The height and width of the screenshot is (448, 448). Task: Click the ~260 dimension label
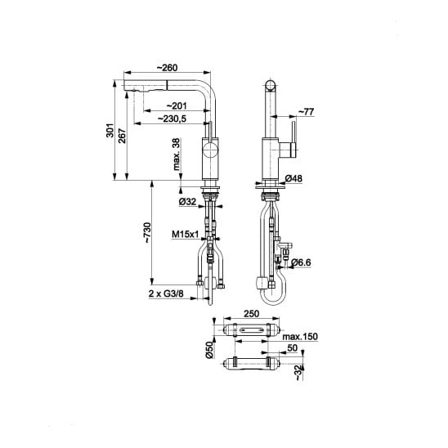tap(167, 68)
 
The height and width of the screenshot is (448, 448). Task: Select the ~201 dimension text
tap(177, 106)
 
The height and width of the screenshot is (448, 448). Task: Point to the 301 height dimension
tap(110, 130)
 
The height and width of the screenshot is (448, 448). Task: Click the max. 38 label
tap(177, 154)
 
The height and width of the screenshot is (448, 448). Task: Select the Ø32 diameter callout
tap(187, 202)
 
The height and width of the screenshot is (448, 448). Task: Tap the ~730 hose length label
tap(147, 232)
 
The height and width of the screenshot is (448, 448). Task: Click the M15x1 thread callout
tap(185, 235)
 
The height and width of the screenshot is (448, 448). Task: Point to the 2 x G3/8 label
tap(166, 293)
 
